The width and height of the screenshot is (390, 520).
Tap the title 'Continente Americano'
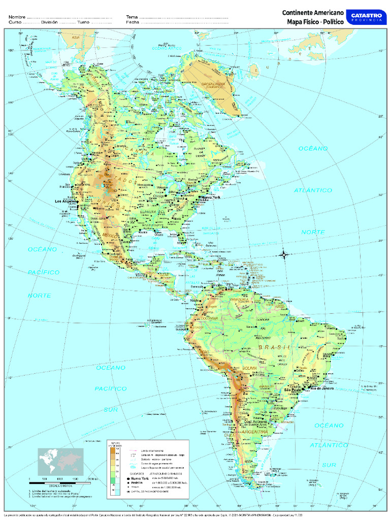313,12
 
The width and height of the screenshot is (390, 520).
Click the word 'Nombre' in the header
17,17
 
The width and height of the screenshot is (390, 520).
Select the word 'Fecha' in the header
133,22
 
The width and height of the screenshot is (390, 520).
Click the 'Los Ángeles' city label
66,202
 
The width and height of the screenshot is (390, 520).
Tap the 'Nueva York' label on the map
211,197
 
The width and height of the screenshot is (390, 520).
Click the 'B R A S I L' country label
274,347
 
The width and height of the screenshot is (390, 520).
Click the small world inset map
60,462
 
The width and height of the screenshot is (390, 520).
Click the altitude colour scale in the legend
112,471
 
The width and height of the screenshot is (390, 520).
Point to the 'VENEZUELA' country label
240,300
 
